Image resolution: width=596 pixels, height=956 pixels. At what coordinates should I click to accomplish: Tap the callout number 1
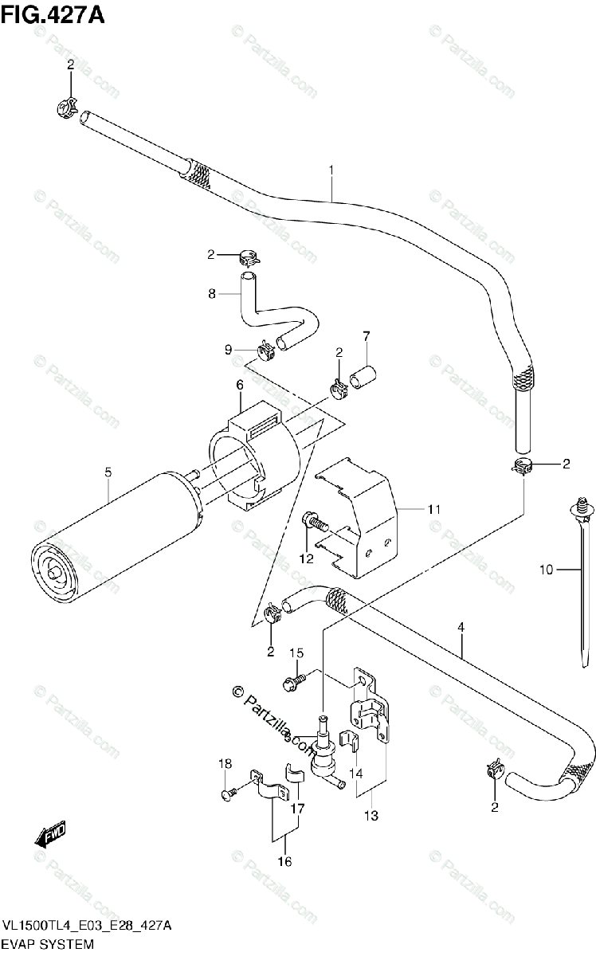[x=331, y=169]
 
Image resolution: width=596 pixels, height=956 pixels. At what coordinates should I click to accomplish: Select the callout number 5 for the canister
[x=108, y=473]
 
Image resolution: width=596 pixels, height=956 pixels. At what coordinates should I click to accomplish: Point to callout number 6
[x=239, y=386]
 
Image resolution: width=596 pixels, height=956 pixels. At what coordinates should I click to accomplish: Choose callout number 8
[x=212, y=293]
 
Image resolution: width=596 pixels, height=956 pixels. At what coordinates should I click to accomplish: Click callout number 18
[x=225, y=764]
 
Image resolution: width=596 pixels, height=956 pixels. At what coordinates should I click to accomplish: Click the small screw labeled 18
[x=228, y=793]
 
